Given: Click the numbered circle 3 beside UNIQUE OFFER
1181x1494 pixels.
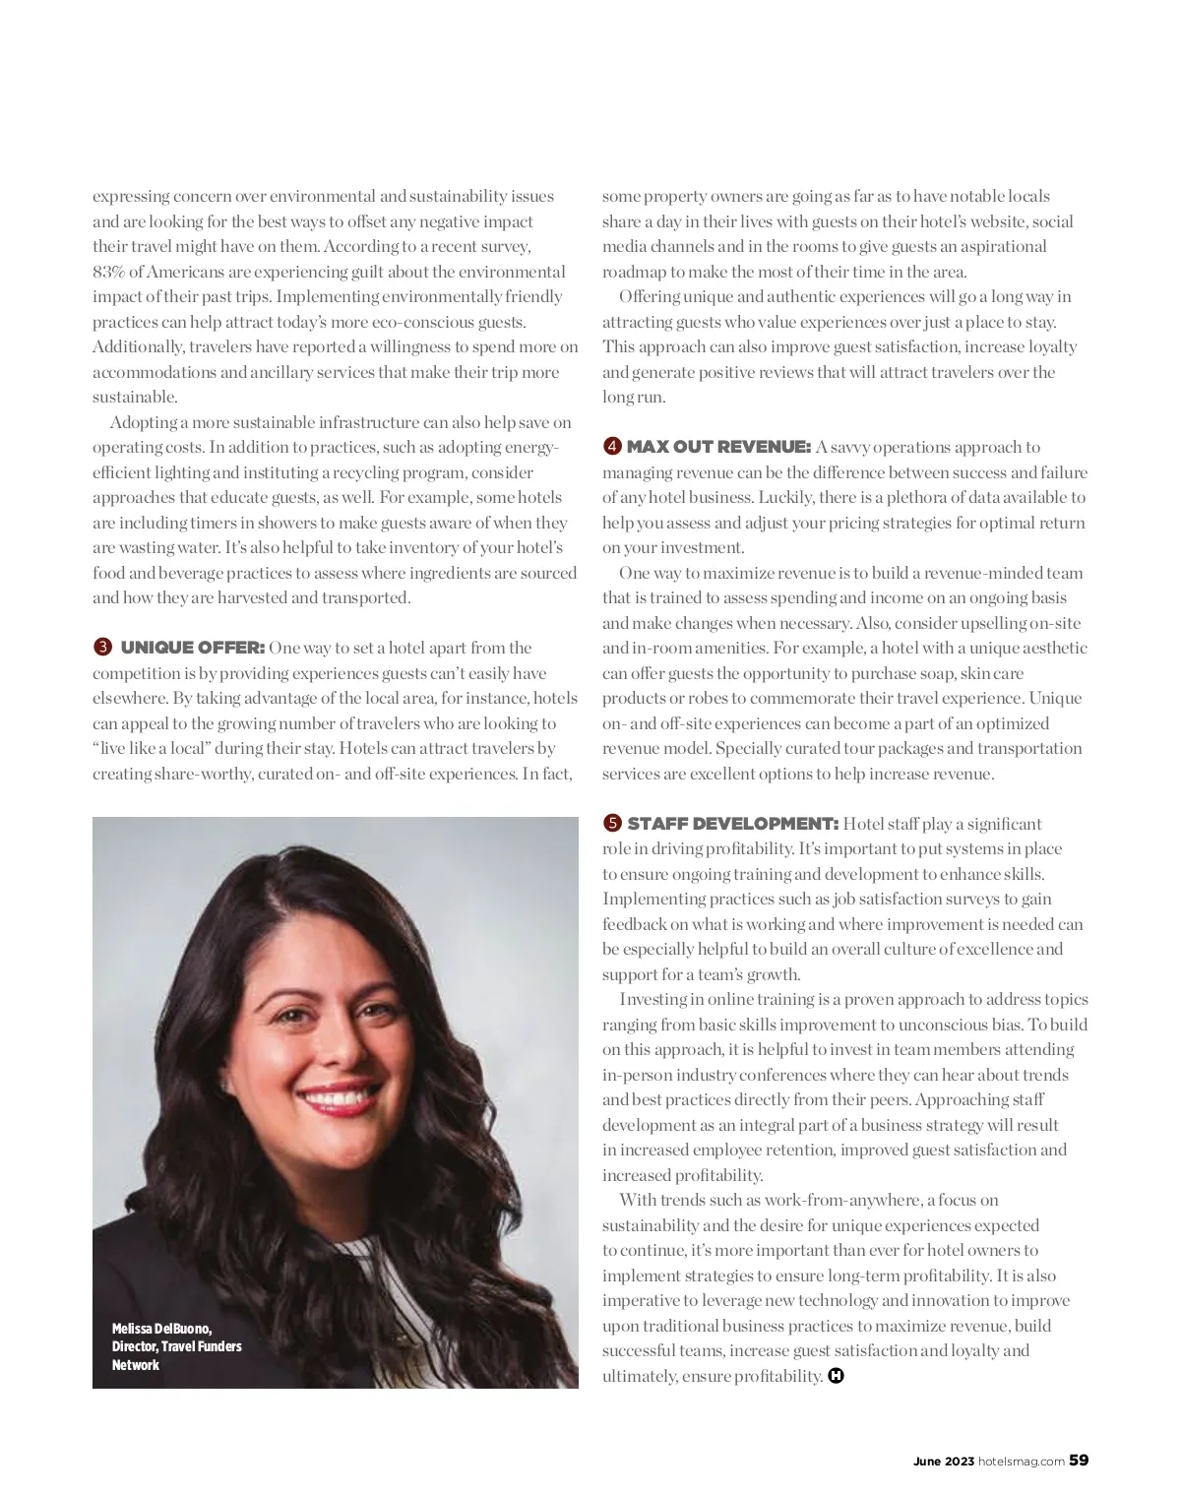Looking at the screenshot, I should pos(101,648).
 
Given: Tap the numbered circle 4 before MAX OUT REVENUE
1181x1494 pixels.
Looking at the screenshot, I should pos(611,447).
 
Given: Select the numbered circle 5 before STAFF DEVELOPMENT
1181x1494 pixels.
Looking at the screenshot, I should pos(611,823).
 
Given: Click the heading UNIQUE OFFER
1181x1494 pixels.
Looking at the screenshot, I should pos(192,648).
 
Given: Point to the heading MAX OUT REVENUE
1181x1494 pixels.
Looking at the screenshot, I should pos(718,447).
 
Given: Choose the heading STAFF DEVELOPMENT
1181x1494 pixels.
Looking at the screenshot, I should pos(732,823).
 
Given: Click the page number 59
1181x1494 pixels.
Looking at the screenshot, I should pos(1079,1461).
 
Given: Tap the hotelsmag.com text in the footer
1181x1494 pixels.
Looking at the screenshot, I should pos(1021,1462).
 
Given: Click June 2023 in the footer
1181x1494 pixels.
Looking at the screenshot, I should pos(943,1462).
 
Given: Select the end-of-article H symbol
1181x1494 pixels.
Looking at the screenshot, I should pos(836,1376).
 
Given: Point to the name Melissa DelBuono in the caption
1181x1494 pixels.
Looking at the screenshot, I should pos(161,1329).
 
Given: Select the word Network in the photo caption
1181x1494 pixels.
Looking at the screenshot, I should pos(135,1365).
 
